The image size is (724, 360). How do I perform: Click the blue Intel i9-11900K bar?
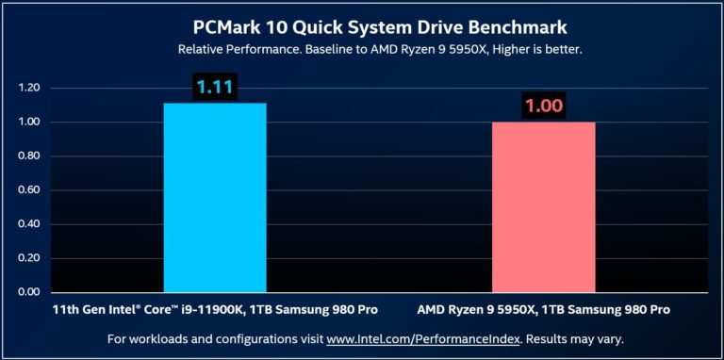point(215,197)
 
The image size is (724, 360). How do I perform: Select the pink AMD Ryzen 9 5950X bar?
point(543,206)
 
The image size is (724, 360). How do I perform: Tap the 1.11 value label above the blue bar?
point(215,88)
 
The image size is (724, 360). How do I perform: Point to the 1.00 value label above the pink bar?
point(543,106)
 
